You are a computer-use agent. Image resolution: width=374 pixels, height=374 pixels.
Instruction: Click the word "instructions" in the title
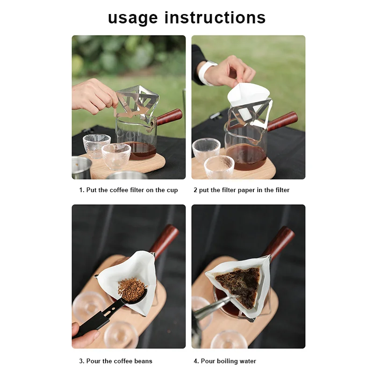215,17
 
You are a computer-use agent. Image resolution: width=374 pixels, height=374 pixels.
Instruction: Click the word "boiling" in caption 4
228,361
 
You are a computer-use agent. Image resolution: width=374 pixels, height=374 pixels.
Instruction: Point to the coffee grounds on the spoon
131,289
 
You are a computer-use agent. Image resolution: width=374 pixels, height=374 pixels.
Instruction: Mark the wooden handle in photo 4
279,241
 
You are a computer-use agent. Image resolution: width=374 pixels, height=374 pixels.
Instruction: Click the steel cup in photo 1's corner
81,167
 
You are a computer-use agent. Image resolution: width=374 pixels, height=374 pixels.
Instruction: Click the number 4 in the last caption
195,361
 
